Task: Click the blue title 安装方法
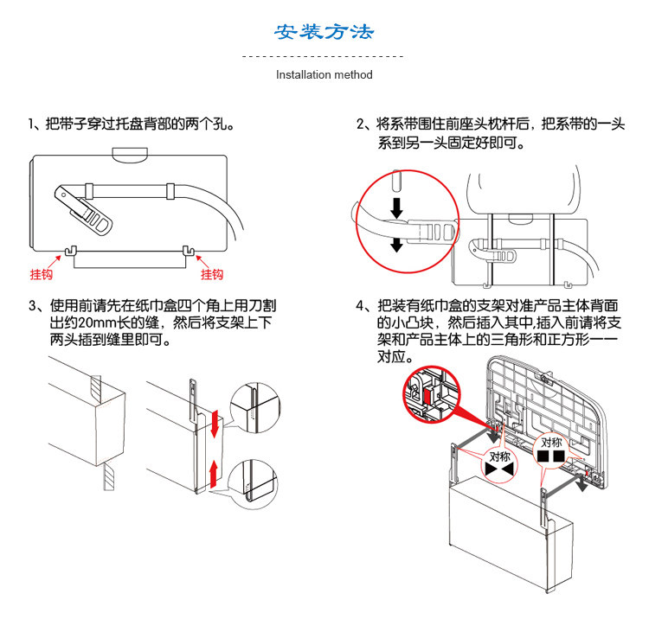(x=324, y=33)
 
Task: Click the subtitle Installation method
(x=324, y=75)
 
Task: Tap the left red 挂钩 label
(x=42, y=275)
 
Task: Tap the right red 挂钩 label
(x=212, y=275)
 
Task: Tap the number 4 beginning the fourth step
(x=361, y=306)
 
